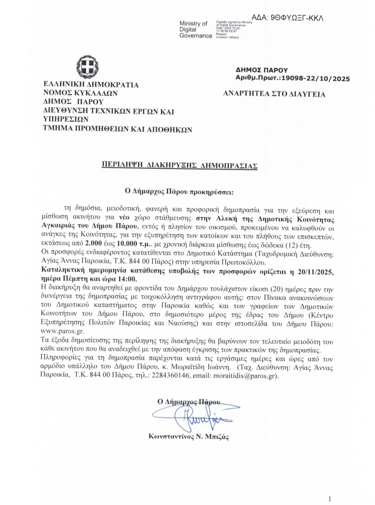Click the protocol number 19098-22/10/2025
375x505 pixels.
tap(315, 79)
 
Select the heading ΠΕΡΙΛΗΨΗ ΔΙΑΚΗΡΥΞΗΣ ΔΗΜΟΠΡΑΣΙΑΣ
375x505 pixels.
tap(180, 165)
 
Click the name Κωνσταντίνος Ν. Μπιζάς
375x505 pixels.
tap(189, 437)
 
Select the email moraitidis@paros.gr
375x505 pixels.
tap(245, 376)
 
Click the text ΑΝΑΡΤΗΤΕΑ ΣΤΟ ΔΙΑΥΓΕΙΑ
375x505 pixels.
tap(274, 94)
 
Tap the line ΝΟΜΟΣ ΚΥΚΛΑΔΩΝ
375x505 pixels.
tap(81, 93)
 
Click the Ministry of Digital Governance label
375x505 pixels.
tap(195, 30)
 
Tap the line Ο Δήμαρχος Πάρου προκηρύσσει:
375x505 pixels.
tap(180, 191)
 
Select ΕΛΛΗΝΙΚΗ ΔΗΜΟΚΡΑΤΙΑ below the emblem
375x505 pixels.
tap(91, 85)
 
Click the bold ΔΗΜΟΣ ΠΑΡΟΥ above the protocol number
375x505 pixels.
tap(261, 70)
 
